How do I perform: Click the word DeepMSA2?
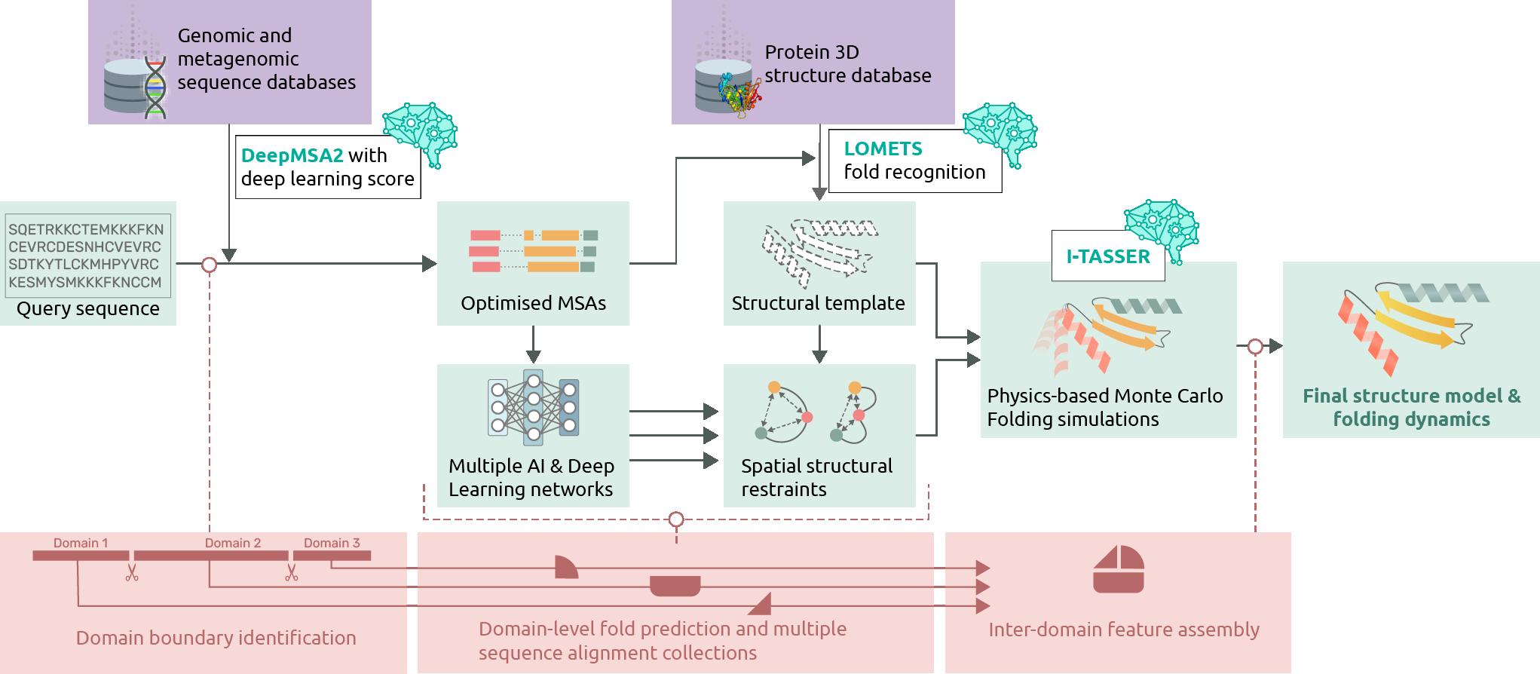click(x=292, y=155)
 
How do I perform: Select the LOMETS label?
click(x=883, y=149)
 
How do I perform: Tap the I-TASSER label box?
click(x=1107, y=256)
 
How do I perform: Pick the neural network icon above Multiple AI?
click(x=533, y=407)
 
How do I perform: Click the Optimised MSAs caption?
click(x=533, y=303)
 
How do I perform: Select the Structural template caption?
click(x=818, y=303)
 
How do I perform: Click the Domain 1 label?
click(x=80, y=543)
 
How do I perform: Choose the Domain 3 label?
click(x=332, y=543)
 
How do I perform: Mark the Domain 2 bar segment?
click(x=208, y=556)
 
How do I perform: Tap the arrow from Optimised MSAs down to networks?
click(x=533, y=345)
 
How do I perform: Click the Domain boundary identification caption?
click(x=216, y=638)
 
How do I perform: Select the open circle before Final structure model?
click(x=1255, y=347)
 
